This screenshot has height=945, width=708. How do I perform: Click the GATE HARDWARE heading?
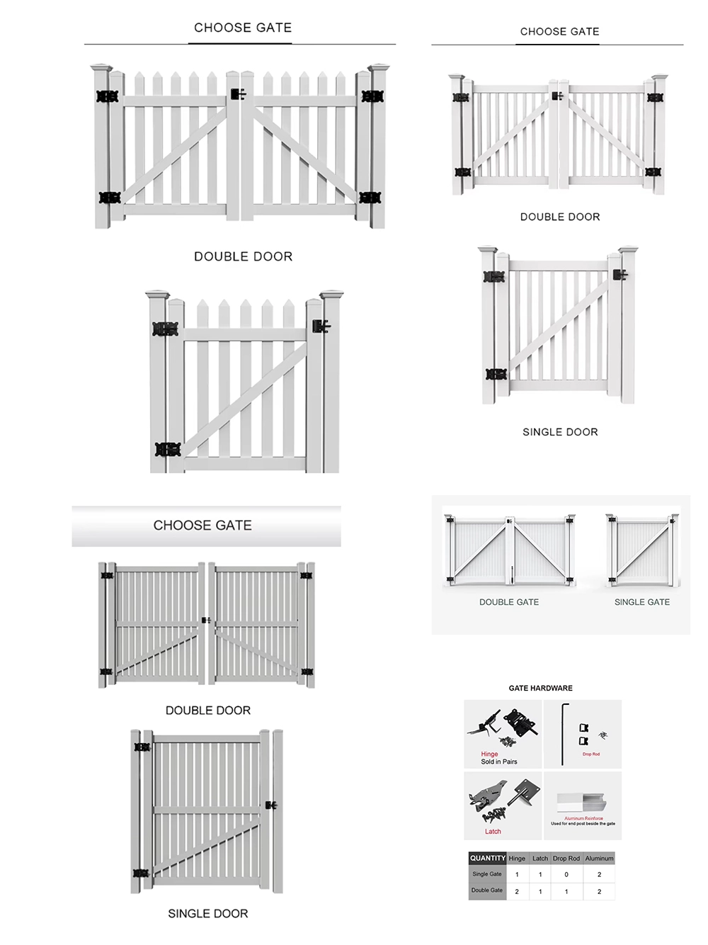click(x=540, y=688)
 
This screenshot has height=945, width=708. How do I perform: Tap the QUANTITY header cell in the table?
click(x=487, y=858)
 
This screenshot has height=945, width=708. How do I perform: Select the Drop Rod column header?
click(x=566, y=858)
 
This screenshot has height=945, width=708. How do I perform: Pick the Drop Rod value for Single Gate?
click(x=566, y=874)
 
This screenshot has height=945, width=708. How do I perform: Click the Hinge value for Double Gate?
click(x=517, y=891)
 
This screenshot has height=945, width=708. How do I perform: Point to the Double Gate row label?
click(x=487, y=890)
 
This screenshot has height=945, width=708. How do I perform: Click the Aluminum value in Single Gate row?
click(x=599, y=874)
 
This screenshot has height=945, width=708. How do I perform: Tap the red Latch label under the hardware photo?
click(x=493, y=832)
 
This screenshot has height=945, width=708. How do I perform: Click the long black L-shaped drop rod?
click(x=564, y=732)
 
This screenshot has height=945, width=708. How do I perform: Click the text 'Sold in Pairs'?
click(x=499, y=762)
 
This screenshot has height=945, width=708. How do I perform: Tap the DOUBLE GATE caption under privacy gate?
click(x=509, y=602)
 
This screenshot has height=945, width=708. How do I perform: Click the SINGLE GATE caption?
click(x=641, y=602)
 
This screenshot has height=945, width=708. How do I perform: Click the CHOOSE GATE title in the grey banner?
click(x=202, y=526)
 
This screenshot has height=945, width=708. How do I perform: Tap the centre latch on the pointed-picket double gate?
click(x=238, y=94)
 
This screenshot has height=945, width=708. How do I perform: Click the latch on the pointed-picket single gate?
click(x=321, y=327)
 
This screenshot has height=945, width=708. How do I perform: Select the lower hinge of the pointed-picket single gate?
click(x=167, y=449)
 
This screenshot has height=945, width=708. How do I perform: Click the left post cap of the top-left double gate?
click(x=102, y=69)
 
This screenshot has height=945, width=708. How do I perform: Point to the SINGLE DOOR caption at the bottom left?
click(x=208, y=914)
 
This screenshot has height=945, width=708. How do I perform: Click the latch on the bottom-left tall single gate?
click(x=270, y=805)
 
